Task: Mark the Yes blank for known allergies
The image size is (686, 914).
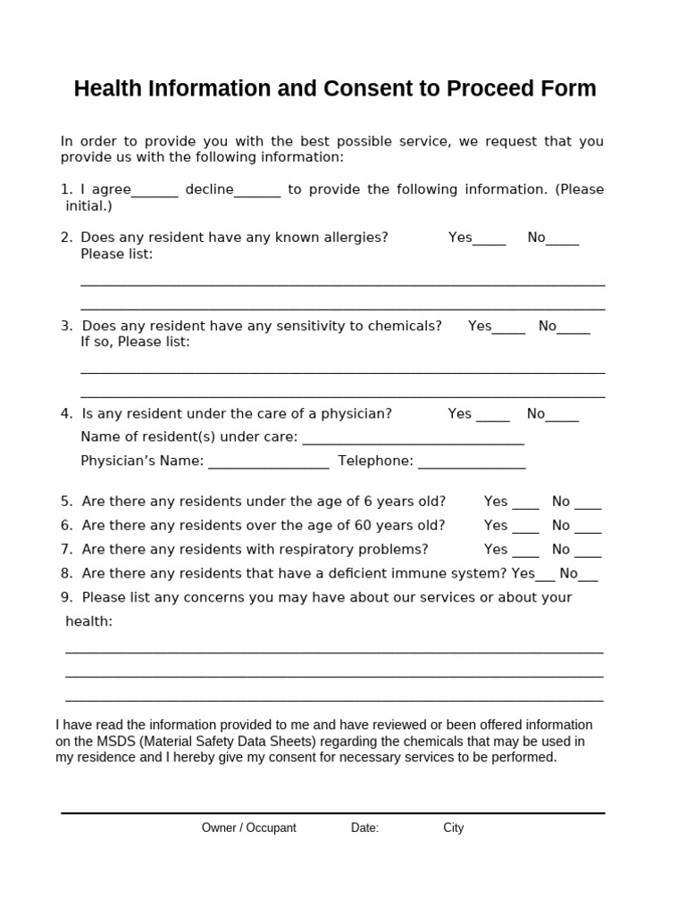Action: [x=489, y=239]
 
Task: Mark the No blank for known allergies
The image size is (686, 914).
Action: [x=563, y=239]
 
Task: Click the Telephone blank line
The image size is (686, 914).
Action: [x=472, y=463]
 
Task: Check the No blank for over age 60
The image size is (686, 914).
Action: [x=588, y=528]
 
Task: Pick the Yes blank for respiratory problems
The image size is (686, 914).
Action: [x=526, y=552]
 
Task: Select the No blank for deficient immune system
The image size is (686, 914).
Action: [x=589, y=576]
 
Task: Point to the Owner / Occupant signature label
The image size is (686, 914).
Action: [x=248, y=827]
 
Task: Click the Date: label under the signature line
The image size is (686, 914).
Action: [x=364, y=827]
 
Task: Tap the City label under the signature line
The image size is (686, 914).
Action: [x=454, y=827]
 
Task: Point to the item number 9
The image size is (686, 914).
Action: [x=66, y=597]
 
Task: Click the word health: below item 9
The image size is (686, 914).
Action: [x=88, y=621]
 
